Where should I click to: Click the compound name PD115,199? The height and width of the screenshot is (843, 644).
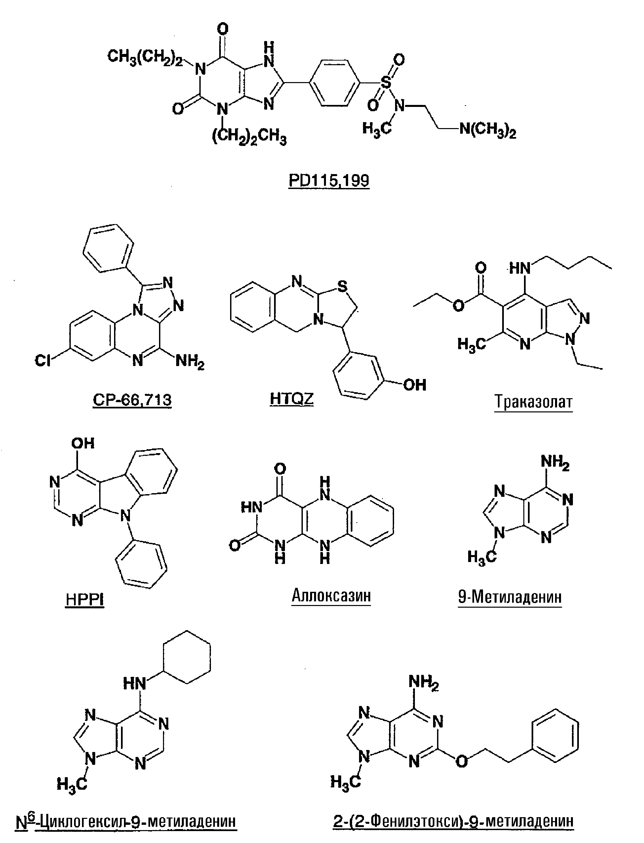click(329, 180)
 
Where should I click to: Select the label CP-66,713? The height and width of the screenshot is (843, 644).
click(132, 400)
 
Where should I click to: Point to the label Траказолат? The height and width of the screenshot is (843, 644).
click(533, 402)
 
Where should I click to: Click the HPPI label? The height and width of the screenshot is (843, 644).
click(85, 599)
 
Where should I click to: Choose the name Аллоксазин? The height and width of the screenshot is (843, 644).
click(331, 595)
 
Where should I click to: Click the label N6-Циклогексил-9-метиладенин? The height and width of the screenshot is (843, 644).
click(126, 821)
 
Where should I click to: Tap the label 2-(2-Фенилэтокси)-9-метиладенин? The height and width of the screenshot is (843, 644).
click(454, 821)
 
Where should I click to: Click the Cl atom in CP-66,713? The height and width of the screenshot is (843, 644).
click(43, 360)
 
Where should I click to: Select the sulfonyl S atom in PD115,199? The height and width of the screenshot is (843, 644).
click(386, 82)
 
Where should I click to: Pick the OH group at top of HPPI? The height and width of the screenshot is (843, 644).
click(83, 444)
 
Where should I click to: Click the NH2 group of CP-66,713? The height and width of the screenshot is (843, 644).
click(190, 361)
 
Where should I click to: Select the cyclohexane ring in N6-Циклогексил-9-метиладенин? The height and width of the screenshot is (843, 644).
click(187, 657)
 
